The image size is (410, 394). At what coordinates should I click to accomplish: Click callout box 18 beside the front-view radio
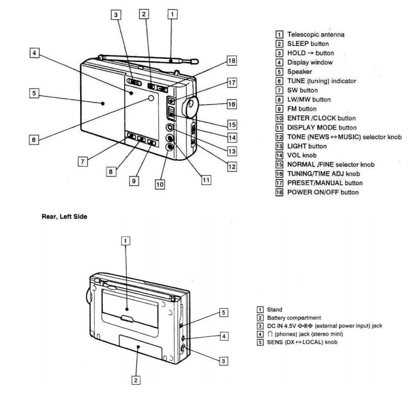click(x=231, y=61)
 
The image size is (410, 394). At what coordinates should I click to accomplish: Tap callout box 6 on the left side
click(x=34, y=140)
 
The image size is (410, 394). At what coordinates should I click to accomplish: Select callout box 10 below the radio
click(x=160, y=184)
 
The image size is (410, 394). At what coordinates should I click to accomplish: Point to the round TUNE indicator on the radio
click(x=151, y=98)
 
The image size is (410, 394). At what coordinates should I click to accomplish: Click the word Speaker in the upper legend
click(x=300, y=71)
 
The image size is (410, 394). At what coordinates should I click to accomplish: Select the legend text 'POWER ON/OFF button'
click(x=323, y=192)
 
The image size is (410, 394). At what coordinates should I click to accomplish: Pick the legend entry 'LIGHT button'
click(x=307, y=146)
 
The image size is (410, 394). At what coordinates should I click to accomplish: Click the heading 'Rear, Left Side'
click(x=65, y=217)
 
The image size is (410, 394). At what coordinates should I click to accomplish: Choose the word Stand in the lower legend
click(x=274, y=310)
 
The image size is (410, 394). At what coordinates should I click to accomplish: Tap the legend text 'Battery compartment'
click(x=294, y=318)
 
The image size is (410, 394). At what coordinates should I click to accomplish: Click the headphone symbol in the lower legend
click(x=270, y=334)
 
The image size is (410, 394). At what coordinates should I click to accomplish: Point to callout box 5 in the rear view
click(x=223, y=312)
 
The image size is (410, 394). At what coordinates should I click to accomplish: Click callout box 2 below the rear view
click(x=136, y=380)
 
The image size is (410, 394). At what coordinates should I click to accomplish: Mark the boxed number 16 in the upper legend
click(x=279, y=174)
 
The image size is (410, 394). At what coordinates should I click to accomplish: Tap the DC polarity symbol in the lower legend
click(x=305, y=326)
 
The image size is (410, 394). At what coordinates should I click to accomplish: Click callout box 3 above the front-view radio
click(x=116, y=15)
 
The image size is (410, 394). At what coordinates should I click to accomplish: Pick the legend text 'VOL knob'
click(x=302, y=155)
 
